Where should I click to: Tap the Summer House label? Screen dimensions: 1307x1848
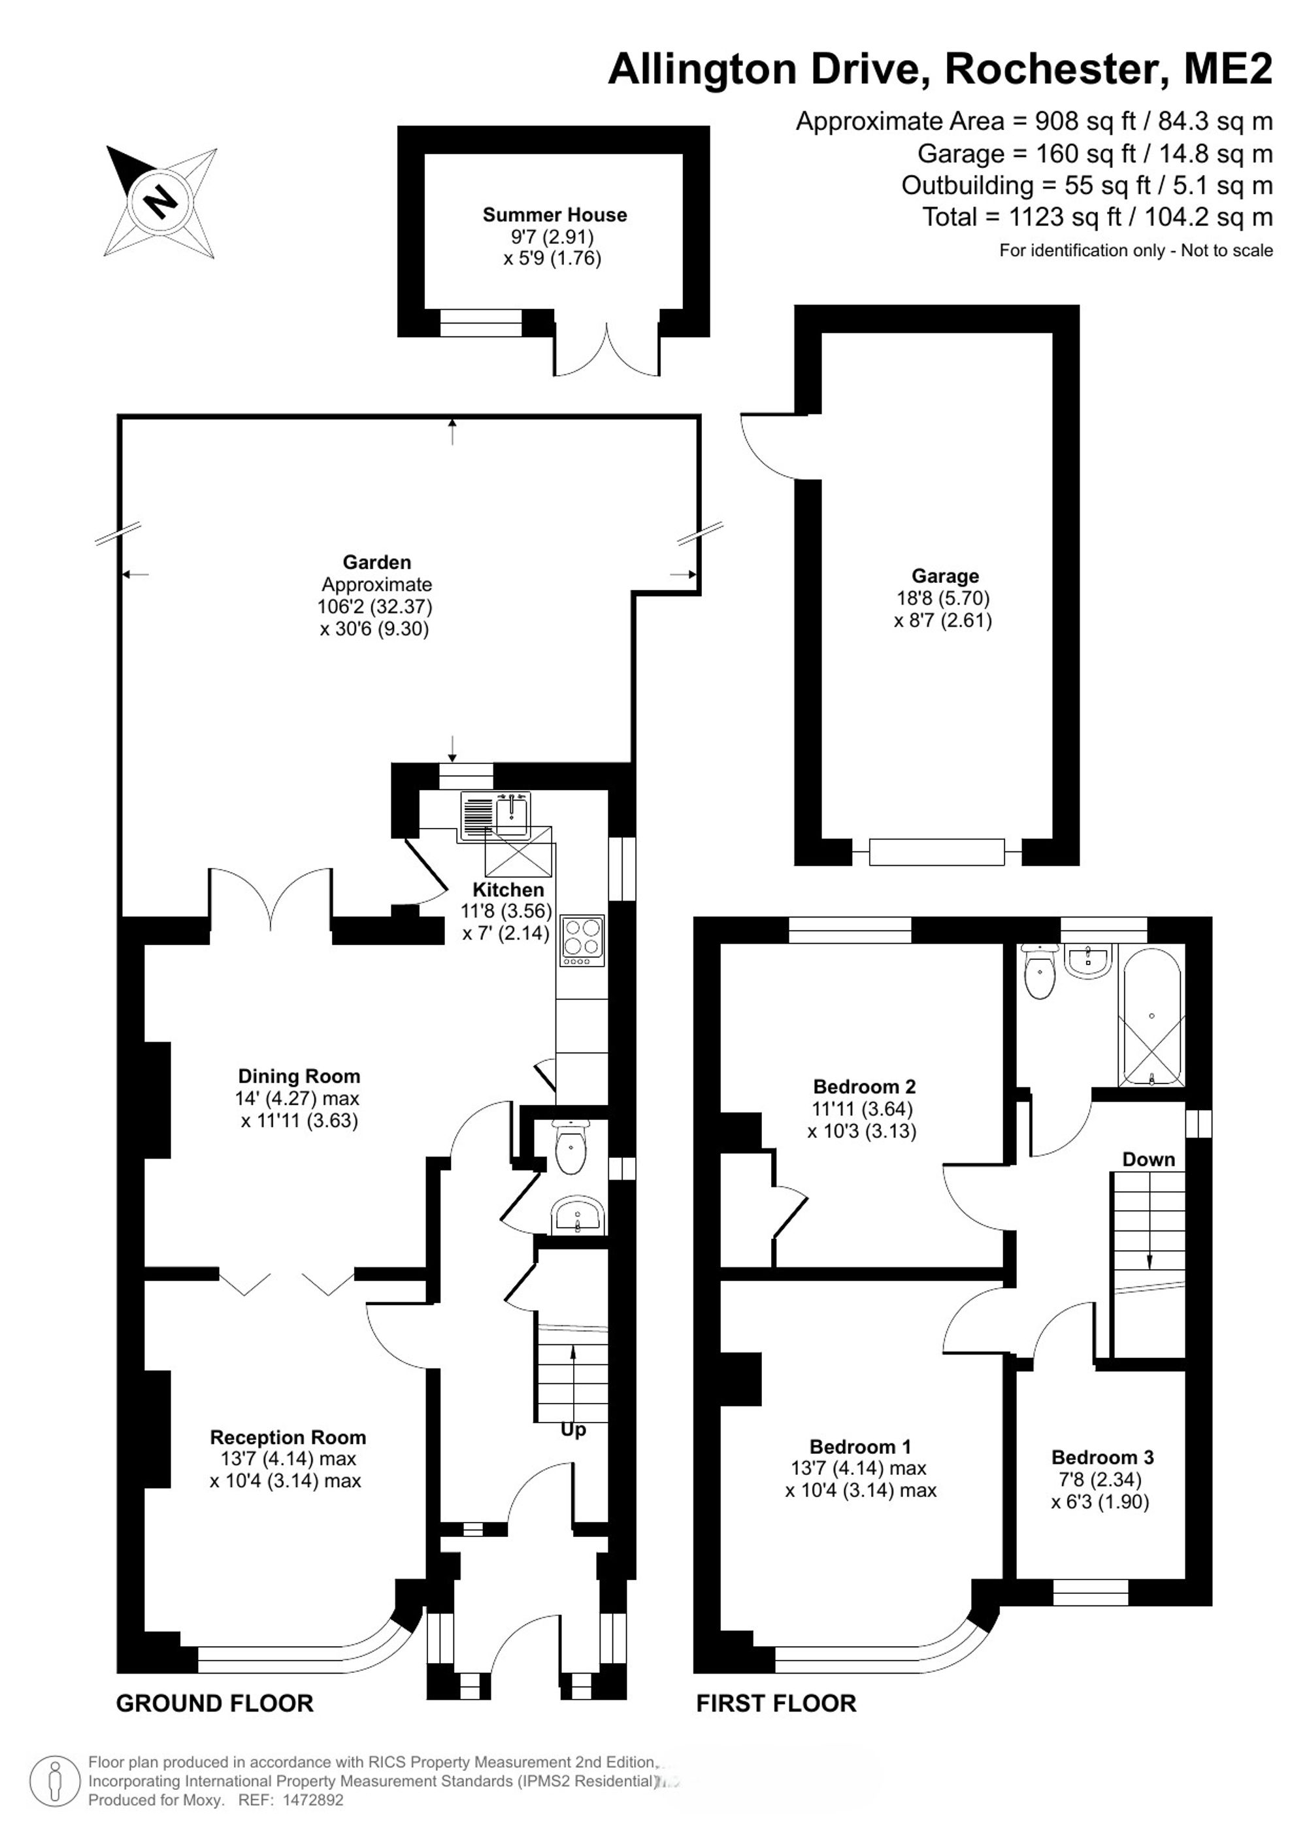555,215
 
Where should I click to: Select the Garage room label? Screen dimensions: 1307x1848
945,576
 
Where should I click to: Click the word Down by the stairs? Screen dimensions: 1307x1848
1148,1159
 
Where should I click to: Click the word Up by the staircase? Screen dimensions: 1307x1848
574,1430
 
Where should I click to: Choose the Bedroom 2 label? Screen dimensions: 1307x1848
865,1087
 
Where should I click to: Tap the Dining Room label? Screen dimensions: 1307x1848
299,1076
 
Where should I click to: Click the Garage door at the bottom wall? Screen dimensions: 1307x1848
936,852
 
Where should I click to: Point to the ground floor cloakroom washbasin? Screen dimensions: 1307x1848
577,1215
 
